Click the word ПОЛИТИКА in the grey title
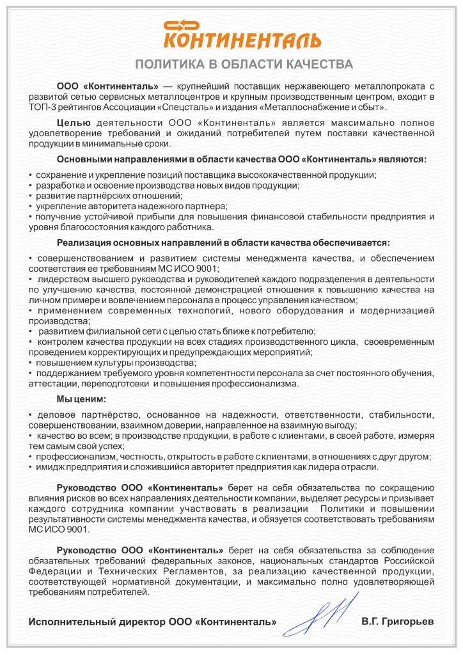click(169, 65)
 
